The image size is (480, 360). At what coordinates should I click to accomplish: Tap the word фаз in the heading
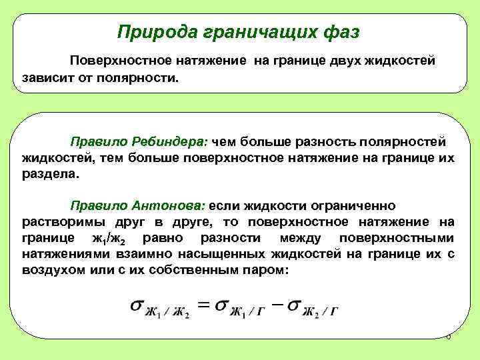pos(341,31)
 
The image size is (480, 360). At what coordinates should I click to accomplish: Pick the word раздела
pos(49,174)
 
